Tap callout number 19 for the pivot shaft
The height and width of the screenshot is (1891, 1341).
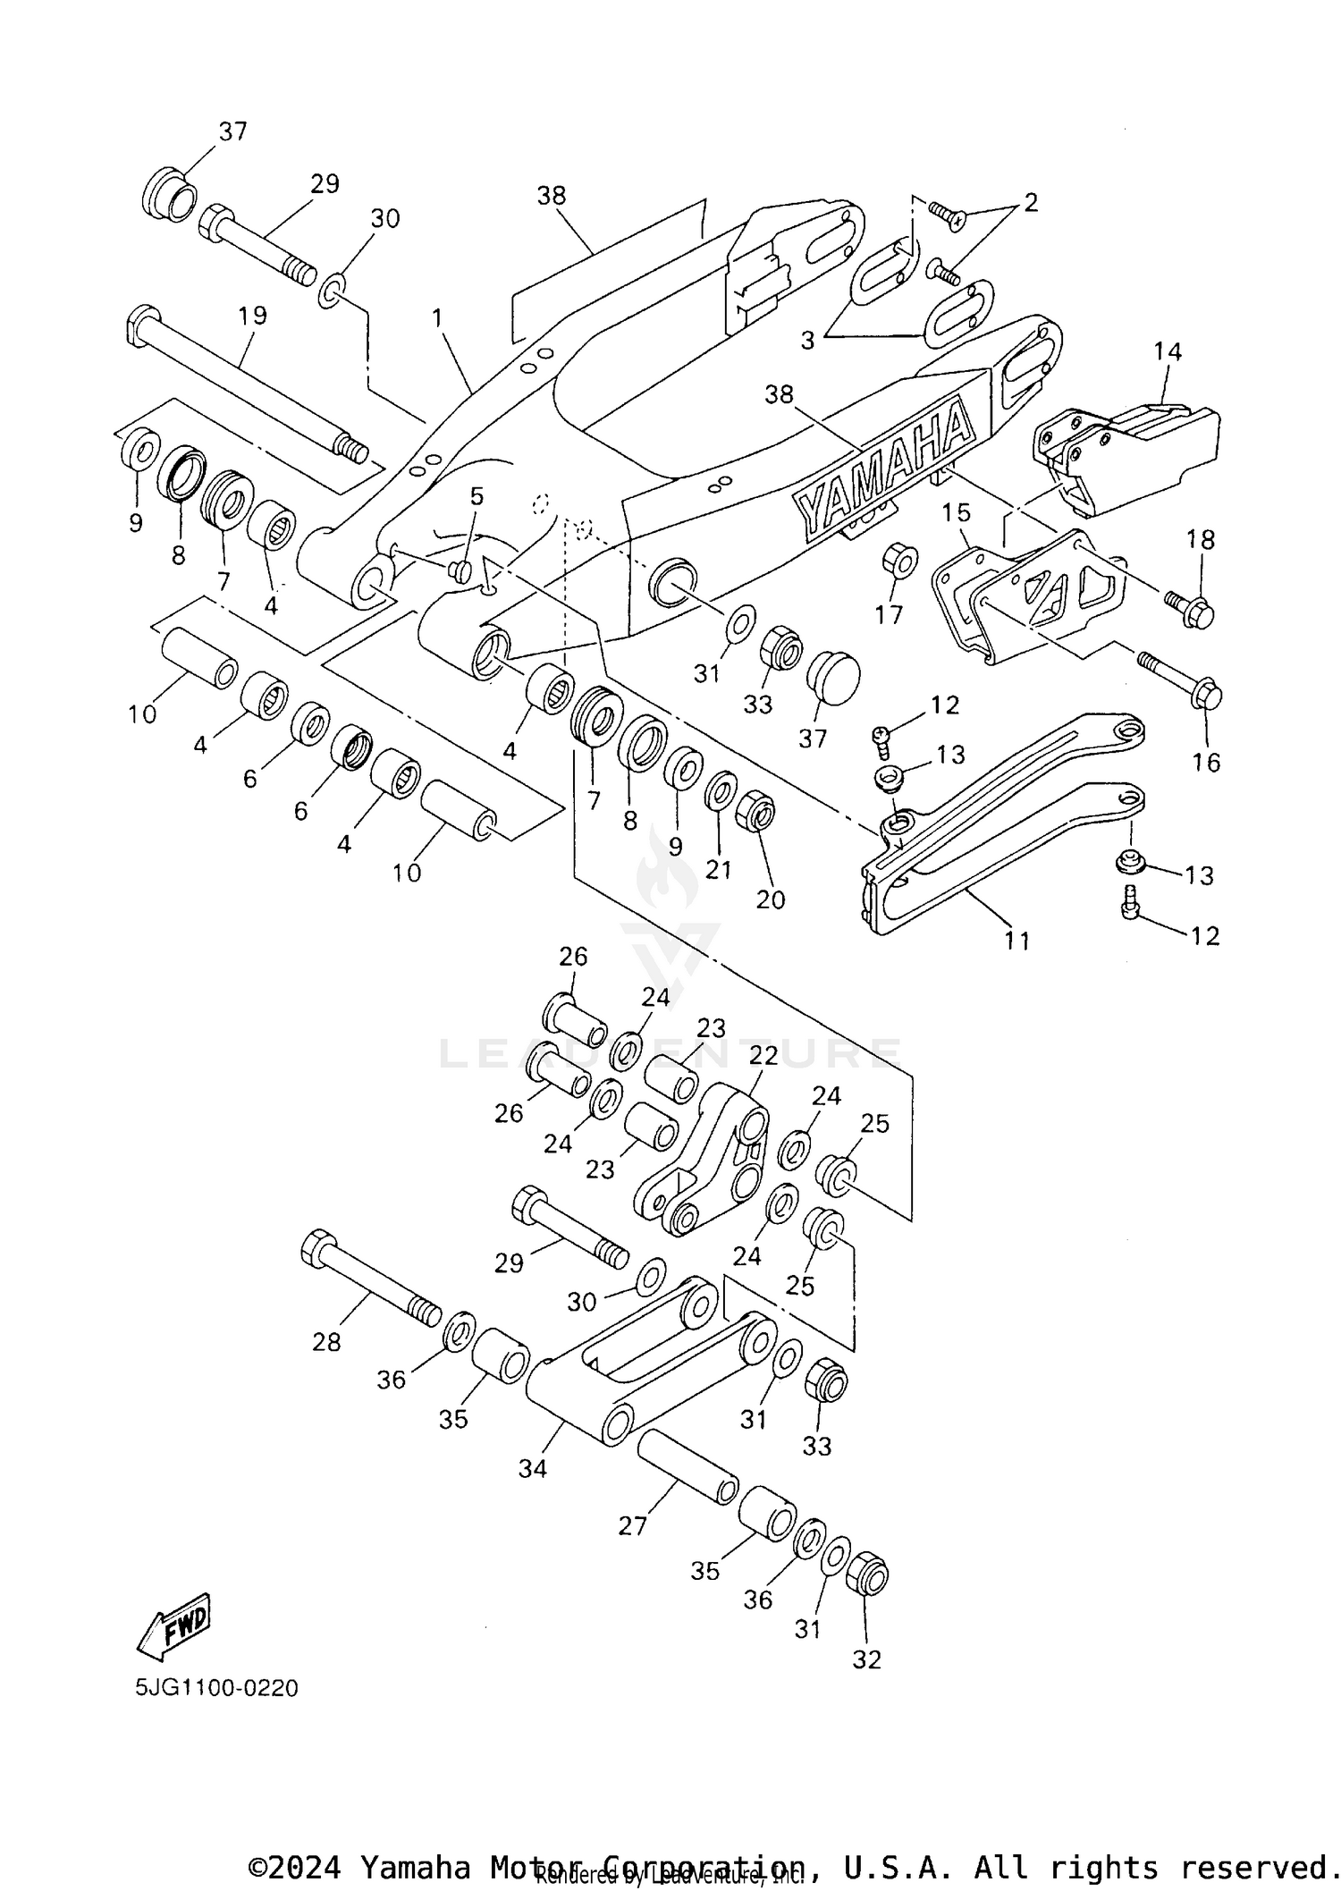tap(253, 316)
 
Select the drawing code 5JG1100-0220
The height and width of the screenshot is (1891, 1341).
tap(216, 1688)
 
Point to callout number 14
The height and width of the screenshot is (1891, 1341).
tap(1167, 351)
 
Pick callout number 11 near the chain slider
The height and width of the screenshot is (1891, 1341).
tap(1016, 941)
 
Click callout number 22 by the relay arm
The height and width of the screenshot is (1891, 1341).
tap(763, 1056)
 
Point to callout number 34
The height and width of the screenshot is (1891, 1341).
tap(533, 1468)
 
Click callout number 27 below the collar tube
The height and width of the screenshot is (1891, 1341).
tap(632, 1525)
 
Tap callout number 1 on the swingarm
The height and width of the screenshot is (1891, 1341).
tap(437, 317)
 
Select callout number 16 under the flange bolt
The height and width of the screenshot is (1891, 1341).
tap(1206, 762)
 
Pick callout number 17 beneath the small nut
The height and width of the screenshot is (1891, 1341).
tap(889, 614)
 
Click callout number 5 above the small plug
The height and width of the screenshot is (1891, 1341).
tap(477, 496)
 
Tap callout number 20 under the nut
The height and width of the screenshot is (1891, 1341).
tap(770, 899)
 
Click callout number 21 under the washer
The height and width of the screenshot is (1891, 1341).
tap(718, 869)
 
